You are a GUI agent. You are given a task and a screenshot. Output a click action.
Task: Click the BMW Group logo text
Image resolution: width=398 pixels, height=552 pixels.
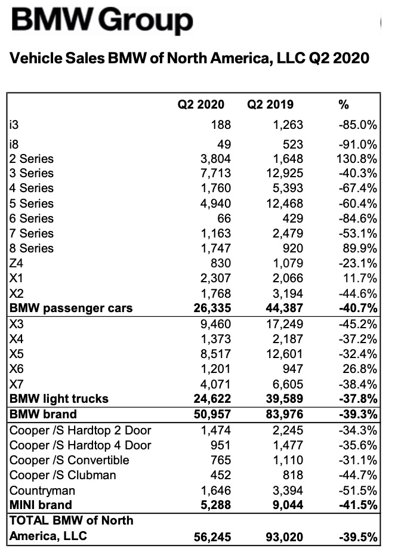click(102, 20)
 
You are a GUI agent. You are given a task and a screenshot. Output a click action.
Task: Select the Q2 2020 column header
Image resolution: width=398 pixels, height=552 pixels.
click(200, 104)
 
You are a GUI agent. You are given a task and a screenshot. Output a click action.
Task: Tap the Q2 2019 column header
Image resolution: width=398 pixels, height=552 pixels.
click(270, 104)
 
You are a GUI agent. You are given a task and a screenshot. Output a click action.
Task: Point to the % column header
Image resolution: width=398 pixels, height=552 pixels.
click(344, 104)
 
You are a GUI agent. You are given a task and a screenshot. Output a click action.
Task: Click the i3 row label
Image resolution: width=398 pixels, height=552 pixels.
click(14, 125)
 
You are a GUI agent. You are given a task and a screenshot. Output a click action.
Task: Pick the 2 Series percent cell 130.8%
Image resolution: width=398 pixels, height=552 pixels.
click(357, 159)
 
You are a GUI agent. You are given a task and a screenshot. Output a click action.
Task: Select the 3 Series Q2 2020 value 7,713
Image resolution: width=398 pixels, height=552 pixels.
click(215, 173)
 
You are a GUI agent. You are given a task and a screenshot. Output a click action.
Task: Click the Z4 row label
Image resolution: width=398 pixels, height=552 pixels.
click(16, 263)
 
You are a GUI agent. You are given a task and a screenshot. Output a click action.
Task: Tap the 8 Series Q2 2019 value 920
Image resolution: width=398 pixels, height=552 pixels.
click(292, 248)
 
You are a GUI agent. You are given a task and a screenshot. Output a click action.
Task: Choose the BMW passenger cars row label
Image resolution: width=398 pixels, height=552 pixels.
click(71, 308)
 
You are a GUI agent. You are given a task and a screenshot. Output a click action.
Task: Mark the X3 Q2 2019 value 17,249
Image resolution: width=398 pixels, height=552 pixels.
click(285, 324)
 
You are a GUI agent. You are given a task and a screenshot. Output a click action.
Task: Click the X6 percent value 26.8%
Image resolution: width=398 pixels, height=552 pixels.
click(360, 369)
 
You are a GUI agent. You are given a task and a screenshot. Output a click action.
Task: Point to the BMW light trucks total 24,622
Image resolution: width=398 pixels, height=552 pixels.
click(212, 399)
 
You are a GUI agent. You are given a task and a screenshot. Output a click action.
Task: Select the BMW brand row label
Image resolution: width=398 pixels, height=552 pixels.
click(43, 414)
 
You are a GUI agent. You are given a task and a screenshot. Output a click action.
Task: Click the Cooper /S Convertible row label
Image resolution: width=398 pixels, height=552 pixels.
click(69, 460)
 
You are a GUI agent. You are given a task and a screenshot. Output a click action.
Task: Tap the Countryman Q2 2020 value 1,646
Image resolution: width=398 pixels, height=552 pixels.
click(215, 491)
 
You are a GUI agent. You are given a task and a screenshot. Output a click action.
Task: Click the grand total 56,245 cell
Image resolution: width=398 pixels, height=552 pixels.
click(212, 537)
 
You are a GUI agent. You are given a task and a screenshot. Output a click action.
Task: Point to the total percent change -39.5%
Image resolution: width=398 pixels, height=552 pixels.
click(358, 537)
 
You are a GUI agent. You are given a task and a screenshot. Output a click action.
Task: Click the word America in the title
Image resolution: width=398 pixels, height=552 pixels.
click(240, 58)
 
